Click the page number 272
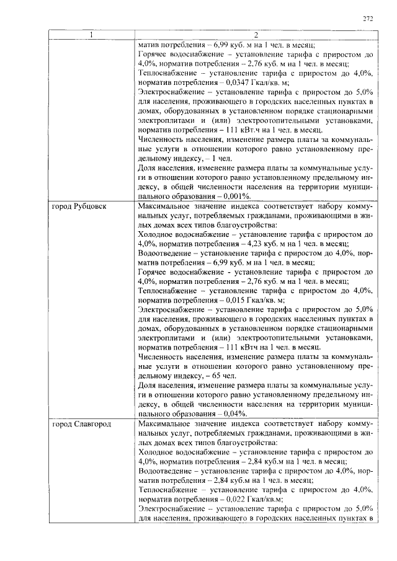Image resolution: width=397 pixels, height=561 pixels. pos(367,19)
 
